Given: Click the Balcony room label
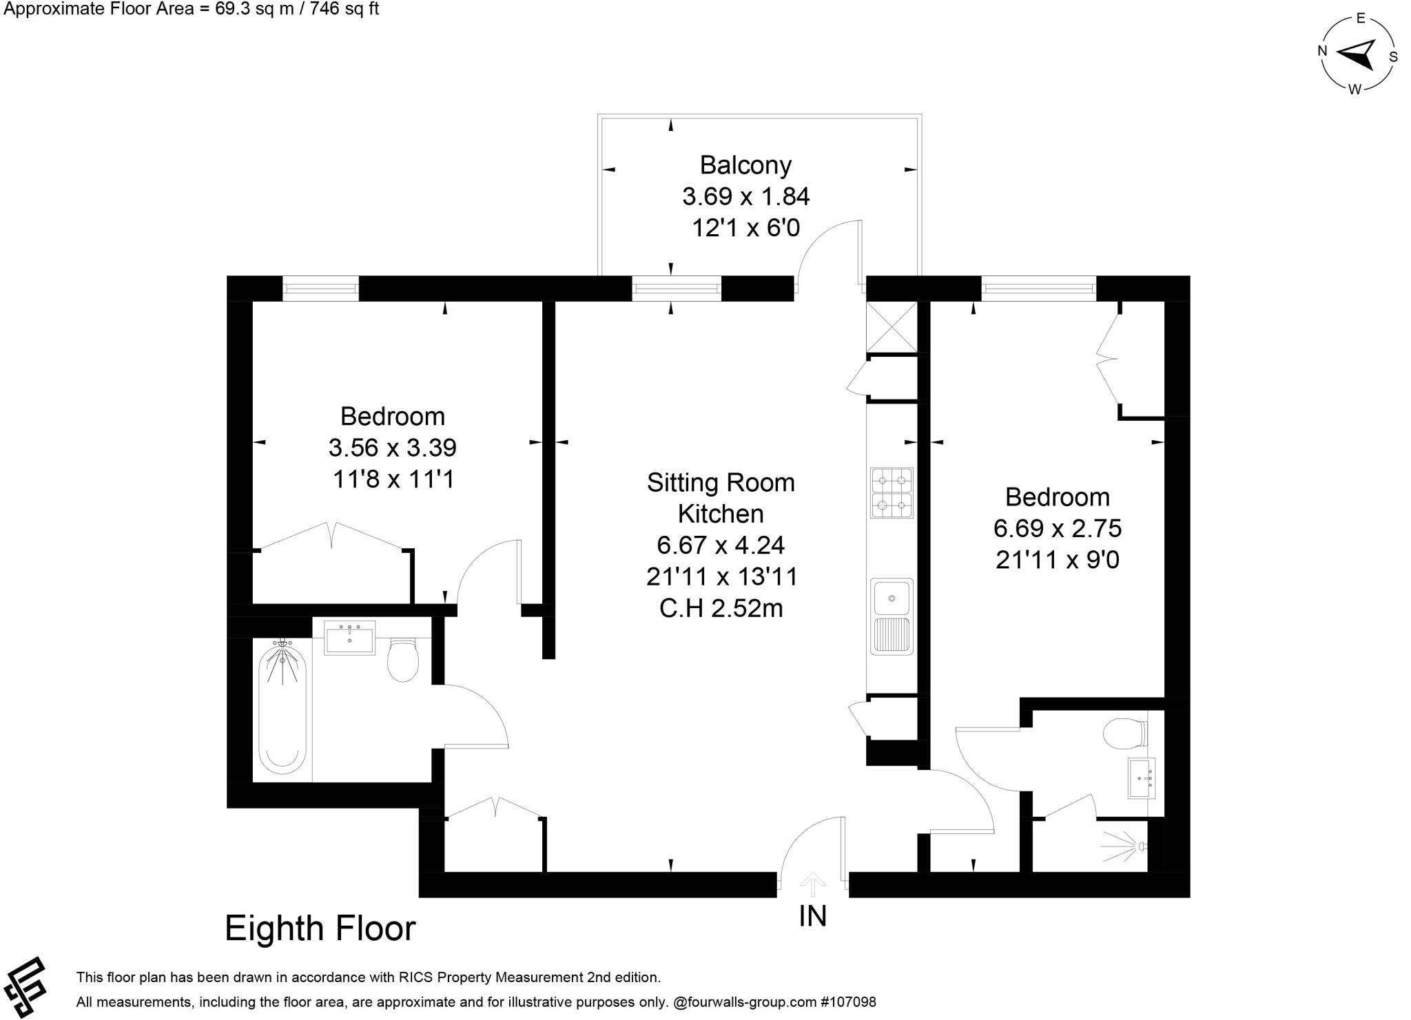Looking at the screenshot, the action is point(745,165).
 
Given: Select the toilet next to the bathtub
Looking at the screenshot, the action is point(403,659).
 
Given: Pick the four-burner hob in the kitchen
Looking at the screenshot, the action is point(892,493).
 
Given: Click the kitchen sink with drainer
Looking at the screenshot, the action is point(892,616).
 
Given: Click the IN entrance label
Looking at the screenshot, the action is point(812,916).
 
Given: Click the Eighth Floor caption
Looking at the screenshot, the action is point(320,928).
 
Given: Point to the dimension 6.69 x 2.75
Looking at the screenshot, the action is point(1058,528).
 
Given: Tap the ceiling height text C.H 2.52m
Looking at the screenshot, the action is point(721,609).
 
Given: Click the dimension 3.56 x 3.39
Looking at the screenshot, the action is point(393,448).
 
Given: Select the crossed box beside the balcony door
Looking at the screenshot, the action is point(892,327).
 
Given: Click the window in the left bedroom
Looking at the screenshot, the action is point(320,289).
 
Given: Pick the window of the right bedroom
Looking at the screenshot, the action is point(1038,289).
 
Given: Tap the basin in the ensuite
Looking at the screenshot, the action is point(1141,778).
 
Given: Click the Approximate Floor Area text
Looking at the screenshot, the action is point(192,9).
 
